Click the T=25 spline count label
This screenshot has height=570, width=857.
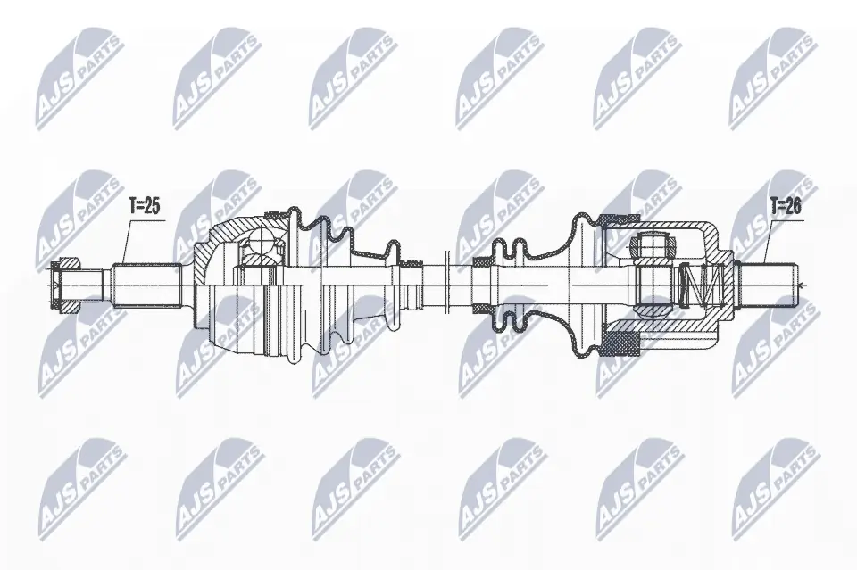(x=144, y=207)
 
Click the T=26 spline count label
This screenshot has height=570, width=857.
(x=785, y=207)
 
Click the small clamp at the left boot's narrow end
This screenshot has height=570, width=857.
(x=413, y=265)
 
